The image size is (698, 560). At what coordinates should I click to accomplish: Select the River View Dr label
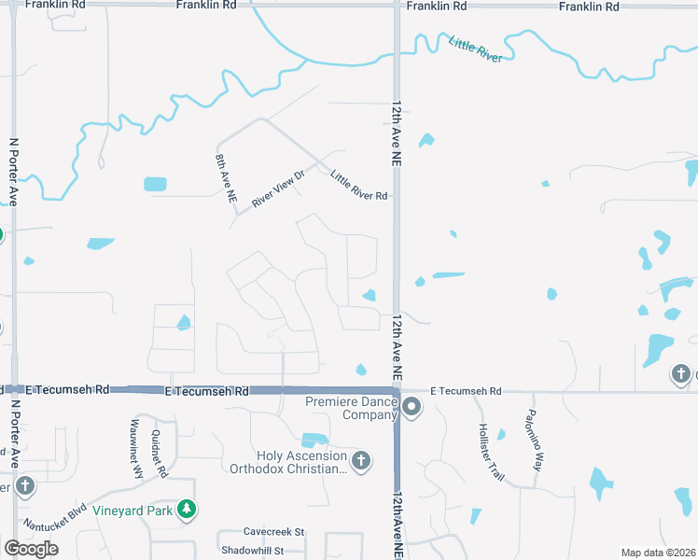click(x=278, y=189)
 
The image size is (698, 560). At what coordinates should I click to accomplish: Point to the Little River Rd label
click(x=358, y=184)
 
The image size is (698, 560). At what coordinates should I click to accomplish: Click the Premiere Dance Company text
click(x=351, y=408)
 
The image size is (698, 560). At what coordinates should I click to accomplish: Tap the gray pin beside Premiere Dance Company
click(x=412, y=406)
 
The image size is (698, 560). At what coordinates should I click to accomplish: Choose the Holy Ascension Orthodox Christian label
click(x=288, y=462)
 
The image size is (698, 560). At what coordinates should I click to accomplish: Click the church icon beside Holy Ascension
click(x=360, y=460)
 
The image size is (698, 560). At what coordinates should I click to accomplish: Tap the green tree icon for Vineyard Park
click(x=188, y=509)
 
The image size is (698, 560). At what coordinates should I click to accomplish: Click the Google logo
click(x=31, y=549)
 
